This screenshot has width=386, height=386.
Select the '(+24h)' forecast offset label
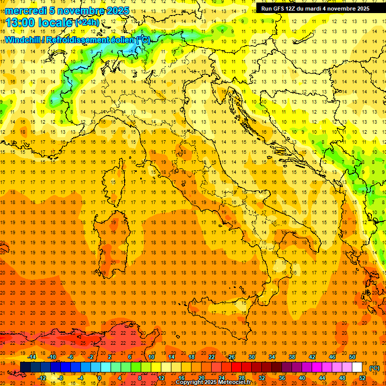tap(87, 23)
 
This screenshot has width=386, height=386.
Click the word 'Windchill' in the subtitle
tap(24, 40)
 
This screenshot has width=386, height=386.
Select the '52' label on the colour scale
tap(362, 378)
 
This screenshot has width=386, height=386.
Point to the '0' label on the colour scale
tap(99, 378)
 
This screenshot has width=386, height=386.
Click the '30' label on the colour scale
tap(251, 357)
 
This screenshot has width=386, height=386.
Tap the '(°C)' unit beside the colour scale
tap(374, 368)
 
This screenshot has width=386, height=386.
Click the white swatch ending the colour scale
tap(357, 367)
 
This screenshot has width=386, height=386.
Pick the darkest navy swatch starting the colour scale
tap(25, 367)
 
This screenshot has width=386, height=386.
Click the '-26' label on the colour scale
tap(231, 357)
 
